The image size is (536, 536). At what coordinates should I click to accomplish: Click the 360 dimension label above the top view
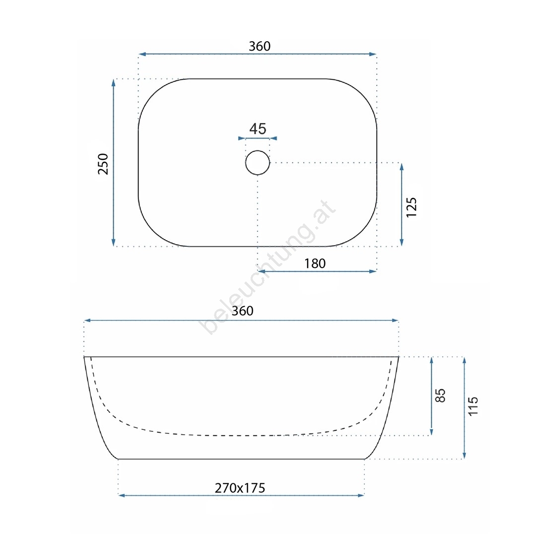pyautogui.click(x=260, y=46)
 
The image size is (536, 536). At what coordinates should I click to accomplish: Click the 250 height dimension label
pyautogui.click(x=103, y=164)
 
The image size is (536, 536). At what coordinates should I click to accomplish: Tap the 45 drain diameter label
pyautogui.click(x=258, y=129)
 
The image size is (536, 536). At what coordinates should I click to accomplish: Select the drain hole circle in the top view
pyautogui.click(x=246, y=163)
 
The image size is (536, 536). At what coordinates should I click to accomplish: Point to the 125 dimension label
pyautogui.click(x=411, y=207)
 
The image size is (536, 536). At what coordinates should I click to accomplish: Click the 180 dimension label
pyautogui.click(x=315, y=264)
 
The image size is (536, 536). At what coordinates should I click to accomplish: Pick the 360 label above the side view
pyautogui.click(x=242, y=311)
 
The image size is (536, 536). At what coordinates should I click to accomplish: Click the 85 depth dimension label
pyautogui.click(x=440, y=396)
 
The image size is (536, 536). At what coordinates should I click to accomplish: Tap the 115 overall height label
pyautogui.click(x=473, y=406)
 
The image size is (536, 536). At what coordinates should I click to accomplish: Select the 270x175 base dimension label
pyautogui.click(x=240, y=488)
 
